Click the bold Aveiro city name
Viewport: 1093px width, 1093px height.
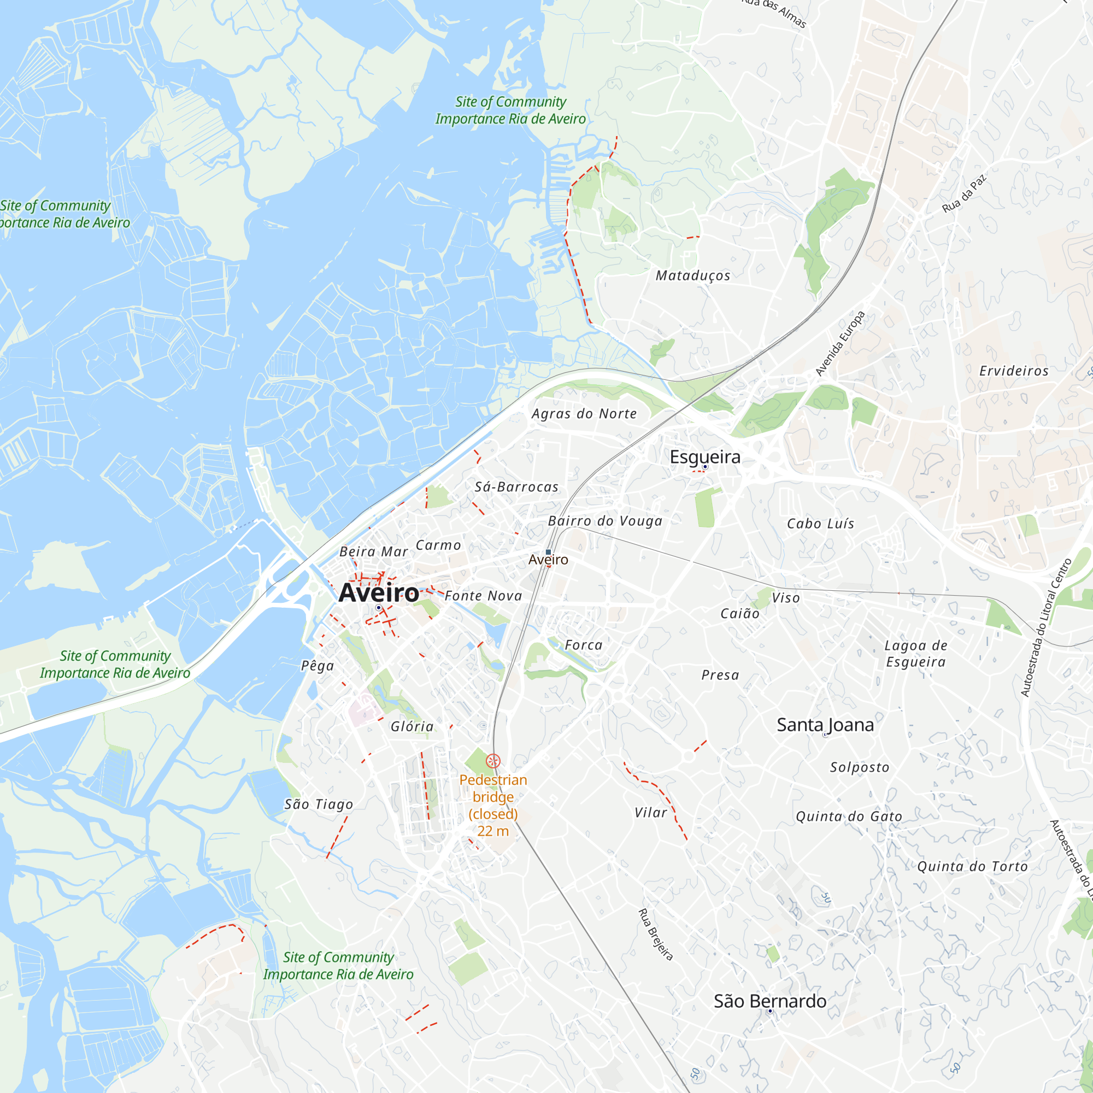point(379,593)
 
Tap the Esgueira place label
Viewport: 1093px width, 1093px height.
point(705,456)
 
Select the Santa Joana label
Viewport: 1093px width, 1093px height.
point(825,725)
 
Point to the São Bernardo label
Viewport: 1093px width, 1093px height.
point(769,1001)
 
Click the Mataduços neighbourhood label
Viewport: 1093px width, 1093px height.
point(692,275)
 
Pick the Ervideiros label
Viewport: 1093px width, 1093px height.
point(1014,371)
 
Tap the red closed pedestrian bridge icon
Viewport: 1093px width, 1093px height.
point(493,760)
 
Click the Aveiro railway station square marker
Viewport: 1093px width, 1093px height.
point(548,551)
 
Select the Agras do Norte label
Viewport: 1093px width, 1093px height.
point(584,414)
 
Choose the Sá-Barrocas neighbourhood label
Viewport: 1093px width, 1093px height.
point(516,486)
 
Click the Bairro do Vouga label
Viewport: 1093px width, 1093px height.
point(605,521)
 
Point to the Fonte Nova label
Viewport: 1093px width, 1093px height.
point(483,596)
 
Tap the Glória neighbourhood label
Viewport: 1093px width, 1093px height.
point(412,726)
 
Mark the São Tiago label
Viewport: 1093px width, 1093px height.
point(319,804)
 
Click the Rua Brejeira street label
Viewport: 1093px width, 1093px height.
point(656,934)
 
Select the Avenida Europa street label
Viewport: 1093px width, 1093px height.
point(840,343)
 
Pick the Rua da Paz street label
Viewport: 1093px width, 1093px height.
point(964,193)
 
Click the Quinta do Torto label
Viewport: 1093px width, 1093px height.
point(972,866)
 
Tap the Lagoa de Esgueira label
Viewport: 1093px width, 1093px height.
point(915,654)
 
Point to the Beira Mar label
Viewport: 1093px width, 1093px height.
point(373,551)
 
